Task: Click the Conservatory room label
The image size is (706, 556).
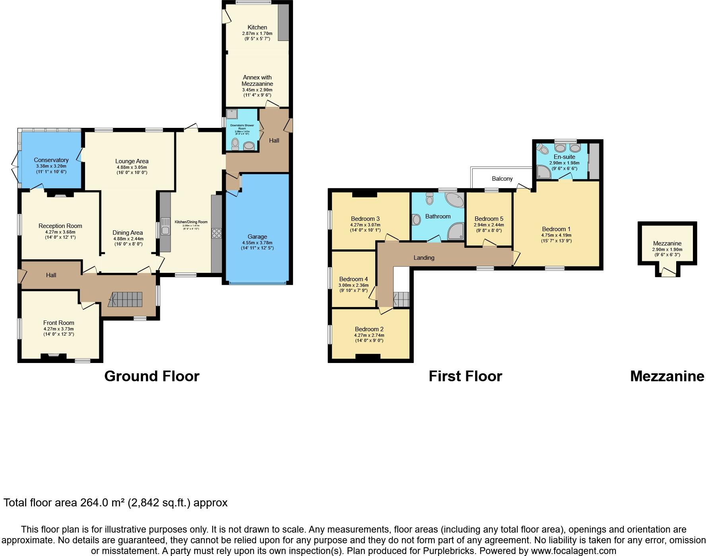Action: pos(51,160)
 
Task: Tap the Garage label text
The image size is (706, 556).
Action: pos(257,237)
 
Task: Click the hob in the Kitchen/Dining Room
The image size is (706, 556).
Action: pos(217,233)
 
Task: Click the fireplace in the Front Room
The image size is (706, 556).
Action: pos(54,356)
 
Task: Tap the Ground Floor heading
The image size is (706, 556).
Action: pos(151,376)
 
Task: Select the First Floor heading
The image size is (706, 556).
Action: pos(465,376)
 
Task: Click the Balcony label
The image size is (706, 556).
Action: pos(502,179)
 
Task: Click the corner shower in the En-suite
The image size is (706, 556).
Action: pos(543,171)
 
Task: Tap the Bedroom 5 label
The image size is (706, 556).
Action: pos(489,219)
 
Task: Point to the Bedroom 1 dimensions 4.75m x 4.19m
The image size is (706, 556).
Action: pos(556,235)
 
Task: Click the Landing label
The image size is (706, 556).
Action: pos(424,258)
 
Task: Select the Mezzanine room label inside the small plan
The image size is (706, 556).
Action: pos(667,243)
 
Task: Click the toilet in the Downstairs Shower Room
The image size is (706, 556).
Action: pos(235,144)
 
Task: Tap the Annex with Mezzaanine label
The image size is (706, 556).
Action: pos(257,81)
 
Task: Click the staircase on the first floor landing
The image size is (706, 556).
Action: pos(401,299)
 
